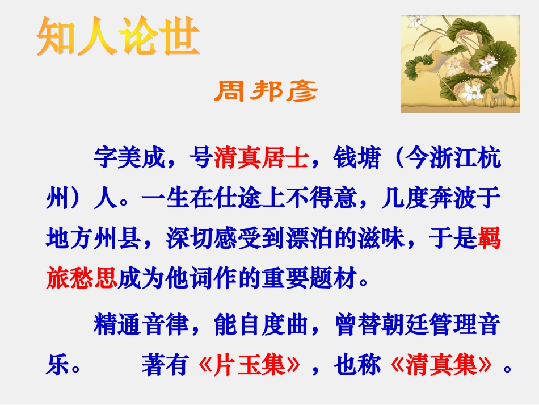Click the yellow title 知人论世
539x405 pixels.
(x=118, y=37)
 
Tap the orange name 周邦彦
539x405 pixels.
(x=266, y=91)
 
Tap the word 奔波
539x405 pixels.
(x=452, y=199)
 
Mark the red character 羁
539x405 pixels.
(x=489, y=240)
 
